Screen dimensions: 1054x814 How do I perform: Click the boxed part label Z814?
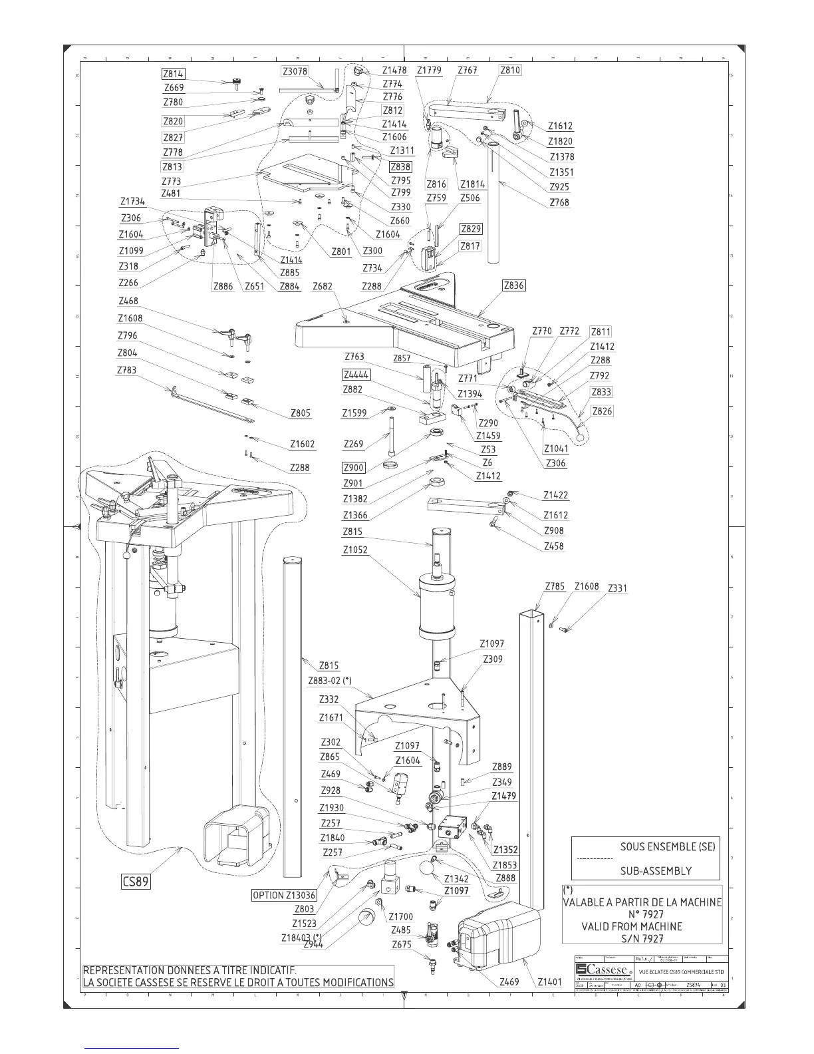173,74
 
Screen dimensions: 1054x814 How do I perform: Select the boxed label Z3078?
295,71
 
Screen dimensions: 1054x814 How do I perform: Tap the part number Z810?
510,70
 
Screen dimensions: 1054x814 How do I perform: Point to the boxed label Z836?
513,285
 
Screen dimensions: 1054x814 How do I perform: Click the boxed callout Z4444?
356,375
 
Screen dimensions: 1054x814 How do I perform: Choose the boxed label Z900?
354,467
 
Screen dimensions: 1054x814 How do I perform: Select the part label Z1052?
355,550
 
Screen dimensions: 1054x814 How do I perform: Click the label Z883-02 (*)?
330,681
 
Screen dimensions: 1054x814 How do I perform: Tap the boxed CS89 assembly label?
135,882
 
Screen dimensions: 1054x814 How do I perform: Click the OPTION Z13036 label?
284,895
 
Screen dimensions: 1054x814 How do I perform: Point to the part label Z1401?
549,981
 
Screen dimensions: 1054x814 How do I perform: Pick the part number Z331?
617,588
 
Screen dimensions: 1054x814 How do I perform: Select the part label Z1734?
132,202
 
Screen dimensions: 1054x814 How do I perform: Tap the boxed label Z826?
602,411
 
